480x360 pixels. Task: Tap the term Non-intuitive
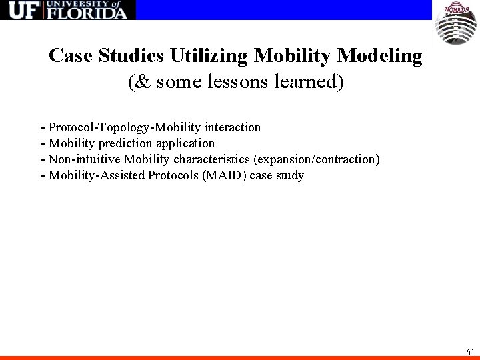point(81,159)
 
